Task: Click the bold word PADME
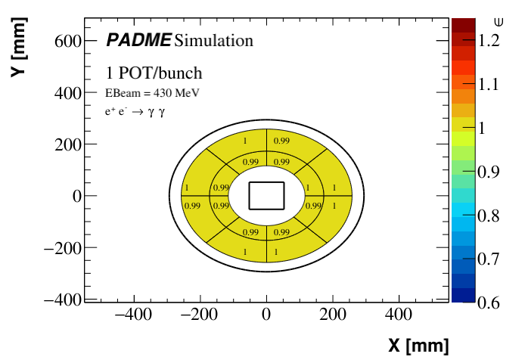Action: pos(138,39)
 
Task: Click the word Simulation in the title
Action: pos(213,39)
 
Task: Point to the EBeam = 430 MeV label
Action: pos(157,94)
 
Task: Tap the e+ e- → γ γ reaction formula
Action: pos(135,111)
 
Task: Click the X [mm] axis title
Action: pos(418,346)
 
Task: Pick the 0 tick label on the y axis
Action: pos(75,196)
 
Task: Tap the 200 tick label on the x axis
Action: pos(331,314)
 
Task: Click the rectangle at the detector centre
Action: pos(266,195)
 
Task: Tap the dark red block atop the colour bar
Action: pos(463,25)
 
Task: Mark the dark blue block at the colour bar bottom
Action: pos(463,295)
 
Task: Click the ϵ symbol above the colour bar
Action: pos(497,20)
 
